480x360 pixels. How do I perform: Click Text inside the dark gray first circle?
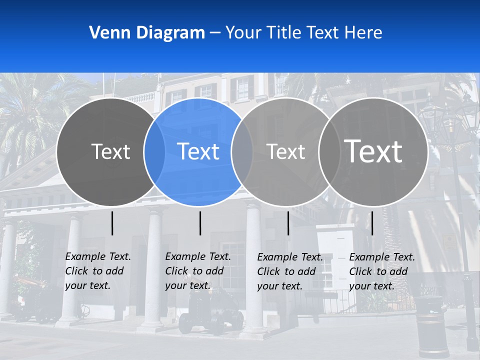tap(110, 151)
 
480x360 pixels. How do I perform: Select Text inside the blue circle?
tap(198, 151)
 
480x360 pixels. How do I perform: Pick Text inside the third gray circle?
tap(285, 151)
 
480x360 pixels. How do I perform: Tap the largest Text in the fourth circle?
tap(373, 151)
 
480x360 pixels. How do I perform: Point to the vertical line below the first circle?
tap(112, 223)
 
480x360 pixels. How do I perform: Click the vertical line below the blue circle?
tap(200, 223)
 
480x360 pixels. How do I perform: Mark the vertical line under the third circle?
tap(288, 223)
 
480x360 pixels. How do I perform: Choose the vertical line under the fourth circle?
tap(372, 223)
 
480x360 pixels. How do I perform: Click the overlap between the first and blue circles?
tap(154, 151)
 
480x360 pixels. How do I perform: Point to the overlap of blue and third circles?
tap(242, 151)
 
